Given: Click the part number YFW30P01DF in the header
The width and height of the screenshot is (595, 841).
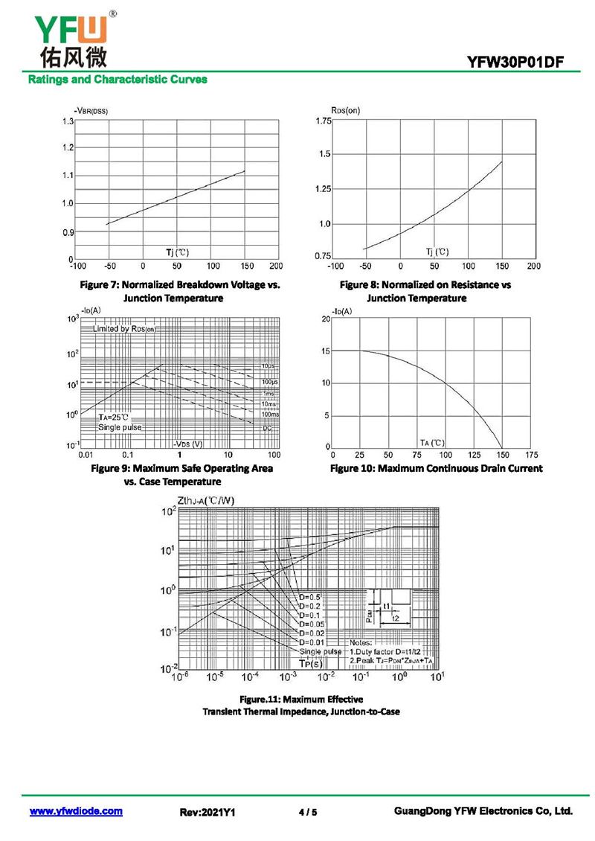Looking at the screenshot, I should point(521,63).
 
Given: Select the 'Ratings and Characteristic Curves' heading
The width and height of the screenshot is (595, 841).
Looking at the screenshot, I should point(118,79).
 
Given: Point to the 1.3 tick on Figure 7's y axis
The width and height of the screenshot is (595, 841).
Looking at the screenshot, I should point(68,121).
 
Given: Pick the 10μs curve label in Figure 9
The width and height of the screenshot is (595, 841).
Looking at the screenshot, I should point(268,366).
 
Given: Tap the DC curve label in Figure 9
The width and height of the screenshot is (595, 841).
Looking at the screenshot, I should point(267,429).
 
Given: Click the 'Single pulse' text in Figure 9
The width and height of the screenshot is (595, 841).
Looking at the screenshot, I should point(120,427).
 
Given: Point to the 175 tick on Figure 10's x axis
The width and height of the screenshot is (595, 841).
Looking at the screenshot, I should point(531,454).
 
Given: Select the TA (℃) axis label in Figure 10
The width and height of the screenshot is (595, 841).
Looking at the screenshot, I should point(432,442).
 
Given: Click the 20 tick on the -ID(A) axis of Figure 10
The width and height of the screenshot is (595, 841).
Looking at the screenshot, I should point(325,319).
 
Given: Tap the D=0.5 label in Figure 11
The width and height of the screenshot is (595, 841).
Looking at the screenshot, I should point(310,598).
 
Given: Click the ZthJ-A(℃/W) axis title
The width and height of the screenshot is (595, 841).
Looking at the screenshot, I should point(206,499).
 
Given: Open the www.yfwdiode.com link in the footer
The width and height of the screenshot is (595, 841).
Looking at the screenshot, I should point(76,811).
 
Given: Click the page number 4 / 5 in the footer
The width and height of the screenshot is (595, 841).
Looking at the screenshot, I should point(307,812).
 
